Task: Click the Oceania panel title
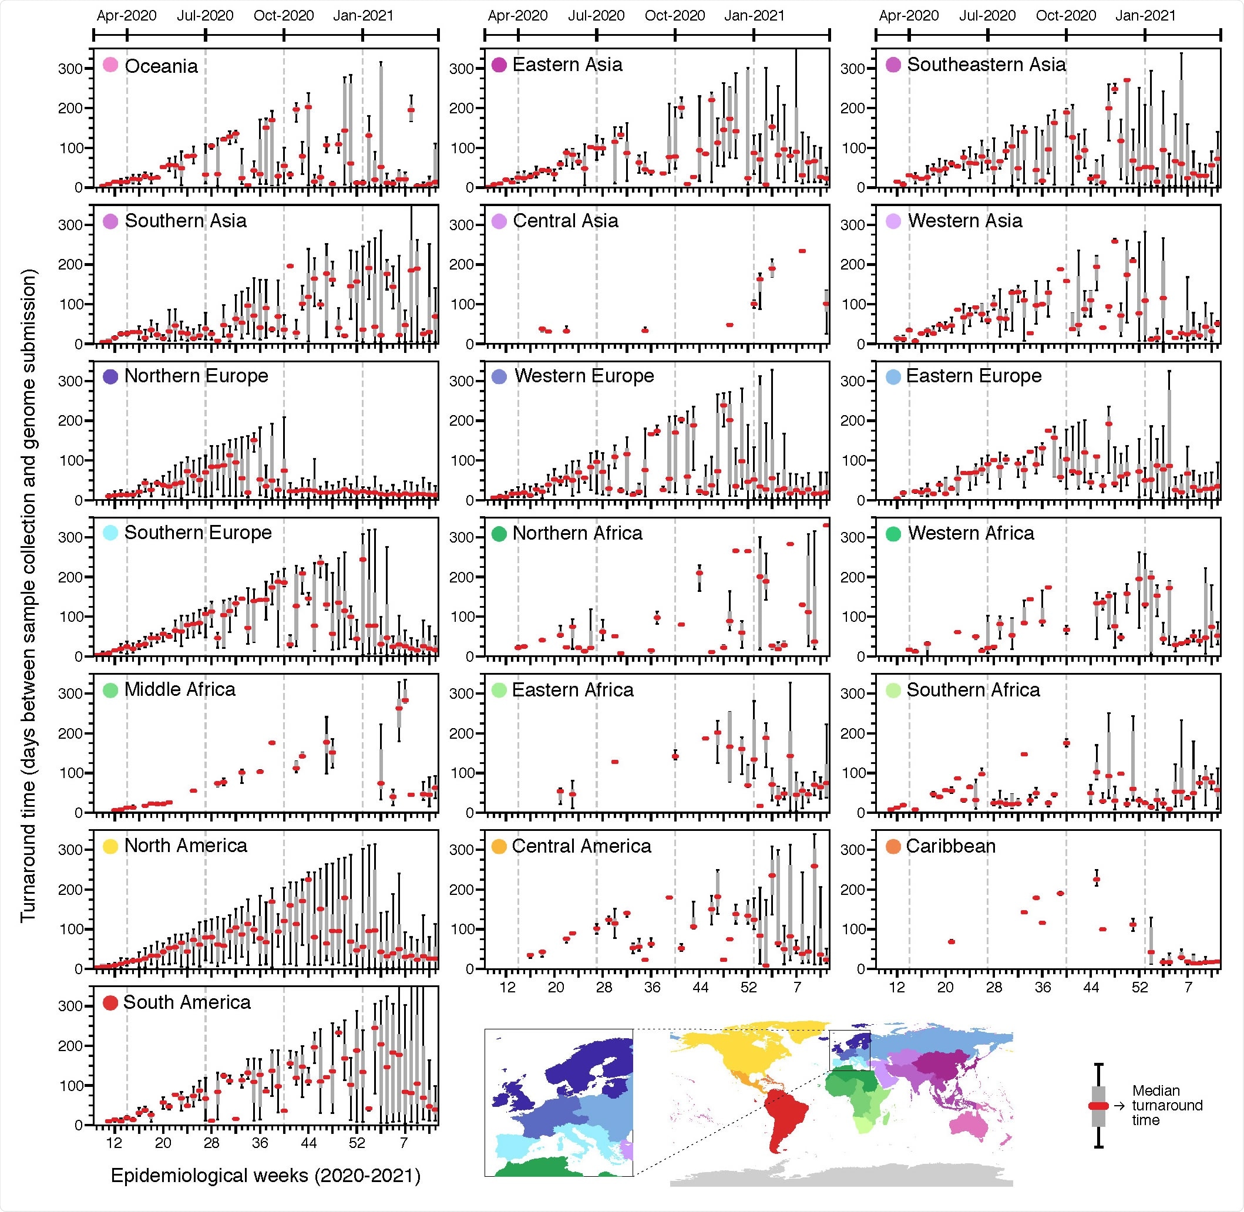point(161,66)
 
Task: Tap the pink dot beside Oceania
point(110,65)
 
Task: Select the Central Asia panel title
point(566,221)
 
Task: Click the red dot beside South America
point(110,1002)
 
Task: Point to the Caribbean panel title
point(950,846)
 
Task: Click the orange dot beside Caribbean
point(893,847)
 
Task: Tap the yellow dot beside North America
point(110,846)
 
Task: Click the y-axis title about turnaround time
point(28,595)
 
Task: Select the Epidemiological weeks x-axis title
point(265,1175)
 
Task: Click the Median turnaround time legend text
point(1167,1105)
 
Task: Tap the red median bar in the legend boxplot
point(1098,1106)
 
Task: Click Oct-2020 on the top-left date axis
point(283,15)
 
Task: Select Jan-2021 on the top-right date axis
point(1145,15)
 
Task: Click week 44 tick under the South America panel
point(308,1143)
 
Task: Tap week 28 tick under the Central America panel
point(604,987)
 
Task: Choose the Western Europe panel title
point(584,376)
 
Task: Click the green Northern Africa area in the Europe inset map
point(541,1169)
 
